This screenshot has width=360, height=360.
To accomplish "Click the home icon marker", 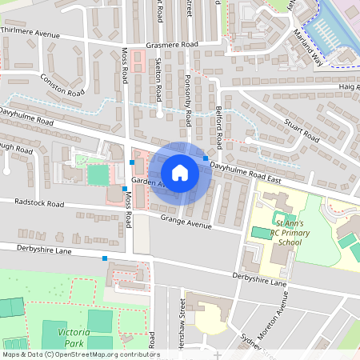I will [x=180, y=172].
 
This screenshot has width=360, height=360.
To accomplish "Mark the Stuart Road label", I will [x=302, y=130].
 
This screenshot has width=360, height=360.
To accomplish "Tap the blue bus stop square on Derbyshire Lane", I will [x=105, y=258].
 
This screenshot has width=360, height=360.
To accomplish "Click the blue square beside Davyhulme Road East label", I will [x=206, y=159].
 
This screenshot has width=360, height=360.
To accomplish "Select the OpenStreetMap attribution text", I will [x=80, y=354].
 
